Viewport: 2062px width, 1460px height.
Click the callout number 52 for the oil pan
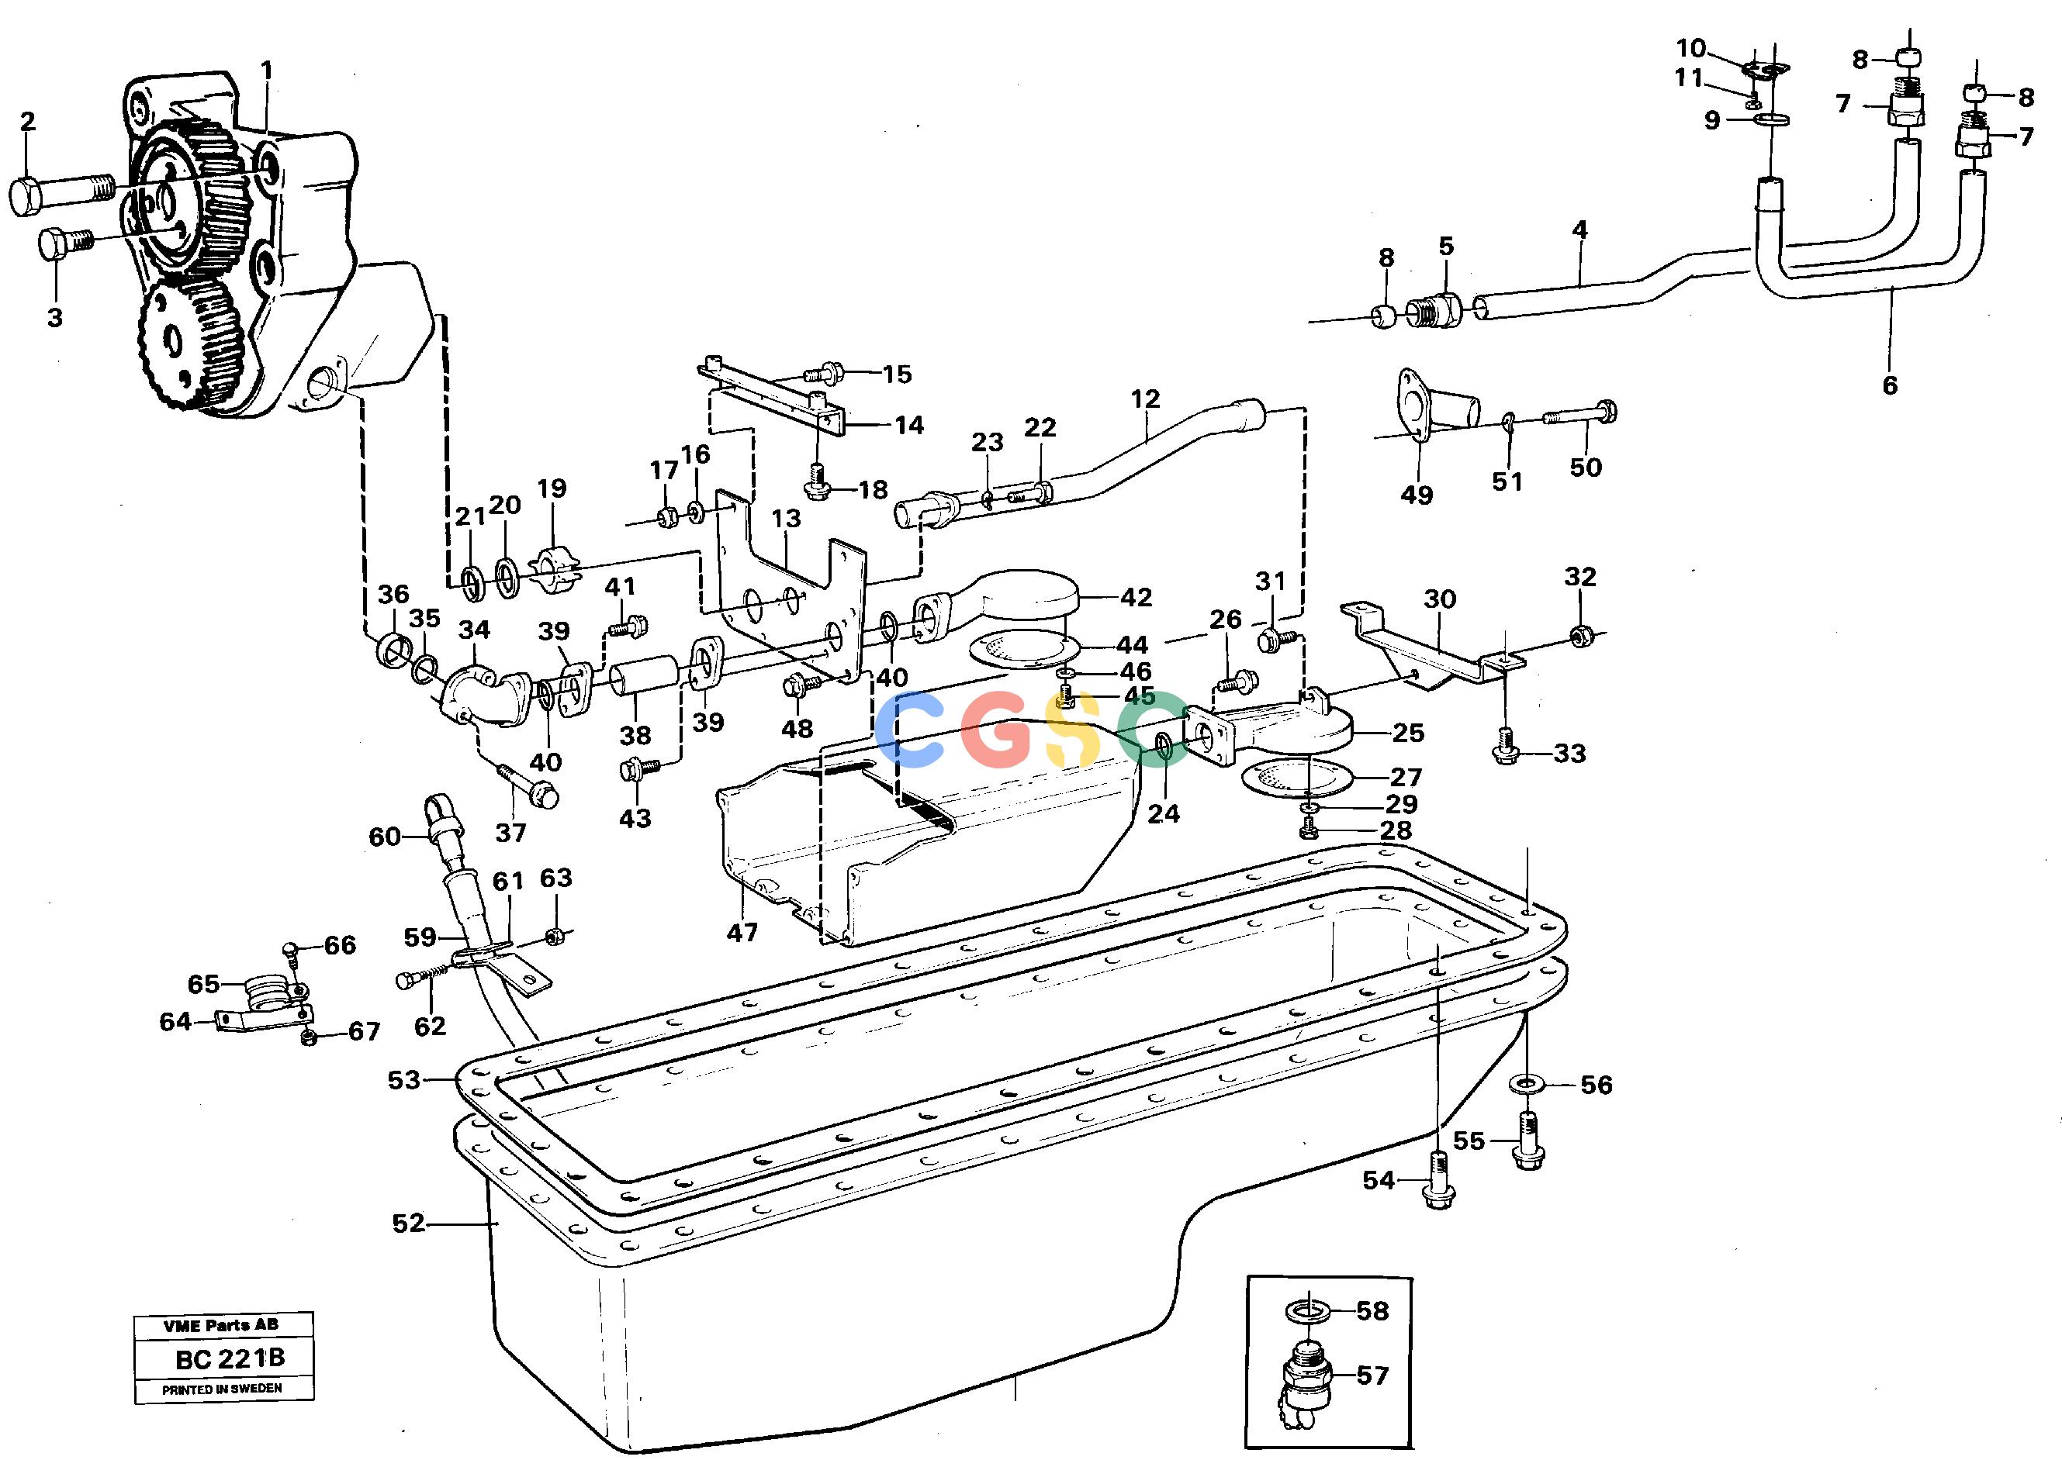408,1223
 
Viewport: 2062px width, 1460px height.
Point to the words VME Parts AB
221,1325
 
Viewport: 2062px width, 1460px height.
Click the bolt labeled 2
62,192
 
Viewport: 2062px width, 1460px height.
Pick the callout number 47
742,934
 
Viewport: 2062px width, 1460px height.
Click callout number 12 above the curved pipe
1145,399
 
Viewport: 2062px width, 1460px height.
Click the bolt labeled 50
1579,415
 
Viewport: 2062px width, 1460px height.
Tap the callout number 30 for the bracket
1440,599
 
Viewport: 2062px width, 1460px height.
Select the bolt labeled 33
1507,748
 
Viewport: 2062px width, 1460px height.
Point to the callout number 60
385,837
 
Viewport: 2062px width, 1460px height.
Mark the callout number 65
203,985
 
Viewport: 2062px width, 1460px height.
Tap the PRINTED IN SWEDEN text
222,1389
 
